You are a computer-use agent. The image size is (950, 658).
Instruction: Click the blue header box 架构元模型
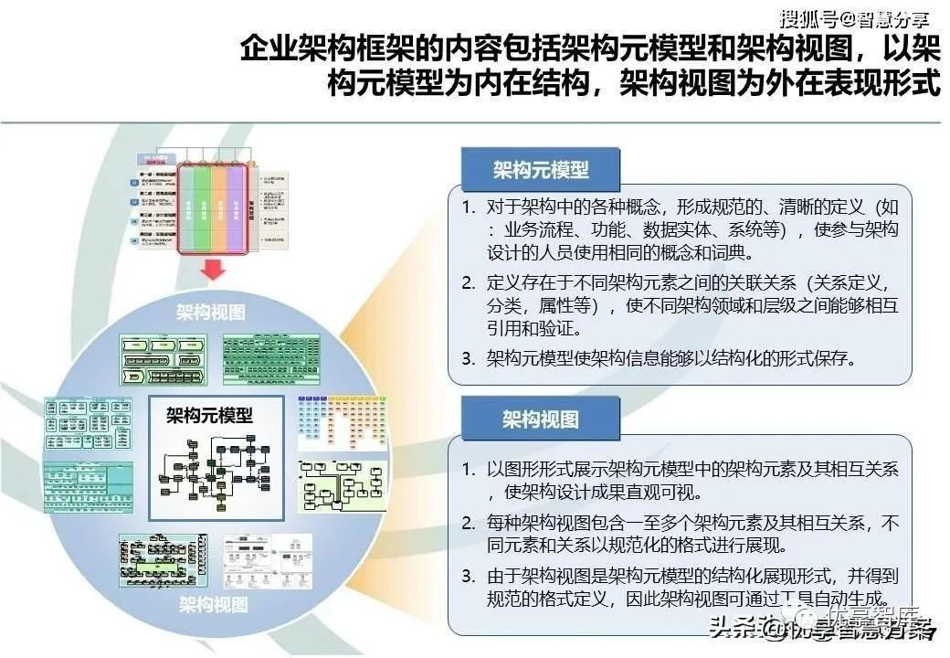click(541, 170)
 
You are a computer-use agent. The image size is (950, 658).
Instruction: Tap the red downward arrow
click(212, 270)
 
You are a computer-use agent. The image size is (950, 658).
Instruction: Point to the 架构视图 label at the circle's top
click(211, 311)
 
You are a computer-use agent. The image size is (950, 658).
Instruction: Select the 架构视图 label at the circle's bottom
click(213, 604)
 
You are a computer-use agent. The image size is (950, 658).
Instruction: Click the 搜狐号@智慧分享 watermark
click(854, 17)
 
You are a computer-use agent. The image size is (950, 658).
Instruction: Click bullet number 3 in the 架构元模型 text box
click(468, 358)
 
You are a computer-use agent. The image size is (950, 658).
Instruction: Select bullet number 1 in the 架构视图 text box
click(468, 470)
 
